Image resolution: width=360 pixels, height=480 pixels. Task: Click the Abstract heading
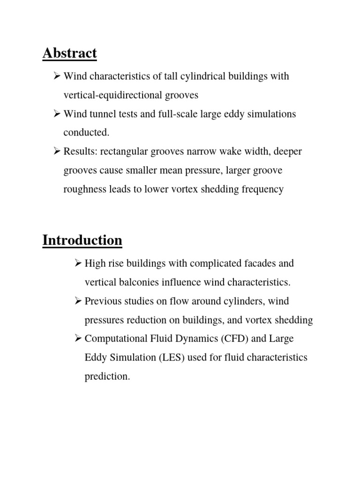(x=69, y=53)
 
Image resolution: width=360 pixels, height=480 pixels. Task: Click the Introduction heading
(x=82, y=240)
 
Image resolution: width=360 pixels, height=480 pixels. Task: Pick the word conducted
(x=86, y=133)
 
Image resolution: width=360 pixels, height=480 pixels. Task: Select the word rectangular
(x=126, y=151)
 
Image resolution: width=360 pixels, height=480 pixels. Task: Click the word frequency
(x=262, y=189)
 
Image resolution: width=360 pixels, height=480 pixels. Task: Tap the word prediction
(x=107, y=376)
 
